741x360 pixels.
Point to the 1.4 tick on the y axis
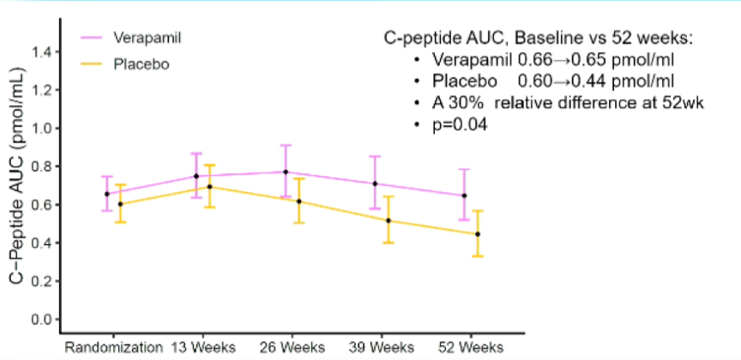coord(43,51)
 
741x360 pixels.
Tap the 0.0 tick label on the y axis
coord(43,320)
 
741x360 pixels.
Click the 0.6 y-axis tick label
coord(43,205)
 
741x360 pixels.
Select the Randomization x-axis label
coord(114,348)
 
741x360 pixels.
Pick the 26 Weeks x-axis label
coord(292,348)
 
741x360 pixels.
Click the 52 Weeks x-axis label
coord(470,348)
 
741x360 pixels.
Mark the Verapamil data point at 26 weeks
coord(286,172)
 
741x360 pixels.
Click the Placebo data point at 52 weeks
coord(478,234)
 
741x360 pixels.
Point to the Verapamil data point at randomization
coord(107,194)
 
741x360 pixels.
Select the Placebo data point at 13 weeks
coord(210,187)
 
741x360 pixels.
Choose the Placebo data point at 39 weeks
coord(389,220)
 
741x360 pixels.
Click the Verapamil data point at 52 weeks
coord(464,195)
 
